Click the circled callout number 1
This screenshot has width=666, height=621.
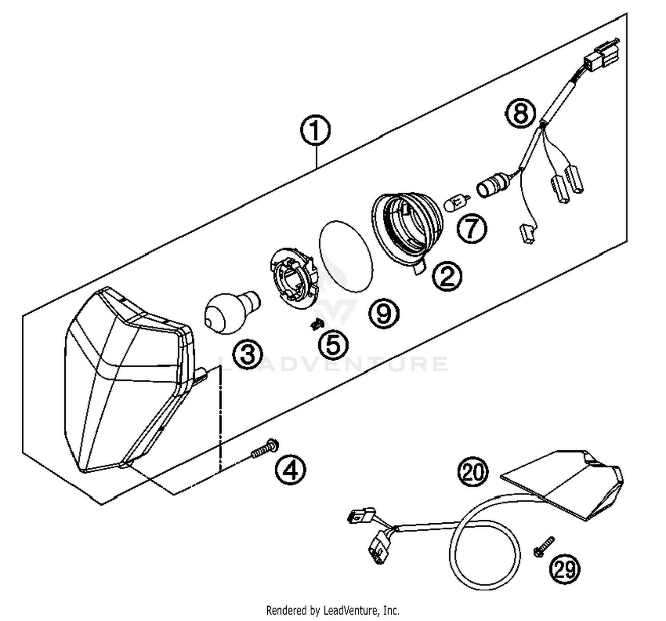point(315,130)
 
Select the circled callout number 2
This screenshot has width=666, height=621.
point(447,276)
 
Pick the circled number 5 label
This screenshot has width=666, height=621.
point(333,345)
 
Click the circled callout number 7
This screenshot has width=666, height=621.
point(472,228)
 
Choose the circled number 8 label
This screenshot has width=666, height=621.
point(520,113)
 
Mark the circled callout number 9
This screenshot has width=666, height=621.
point(384,314)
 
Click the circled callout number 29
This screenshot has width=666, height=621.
point(565,569)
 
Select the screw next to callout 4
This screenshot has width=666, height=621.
point(265,448)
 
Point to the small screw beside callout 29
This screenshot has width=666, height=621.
point(543,546)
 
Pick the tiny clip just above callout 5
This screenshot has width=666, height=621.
point(317,325)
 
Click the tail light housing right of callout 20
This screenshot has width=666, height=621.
point(573,484)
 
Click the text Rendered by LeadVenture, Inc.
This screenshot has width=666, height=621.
point(333,610)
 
